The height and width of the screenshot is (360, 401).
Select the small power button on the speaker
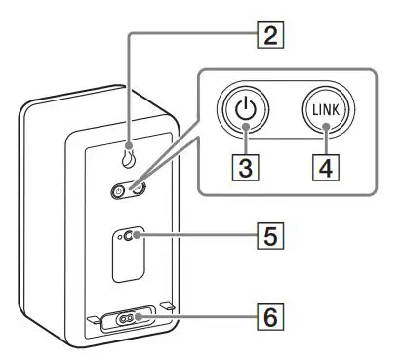pos(120,192)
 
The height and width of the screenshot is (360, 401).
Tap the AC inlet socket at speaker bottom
pos(129,317)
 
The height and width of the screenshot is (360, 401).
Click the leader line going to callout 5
pos(195,236)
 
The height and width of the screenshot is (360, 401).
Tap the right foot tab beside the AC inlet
pos(167,308)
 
